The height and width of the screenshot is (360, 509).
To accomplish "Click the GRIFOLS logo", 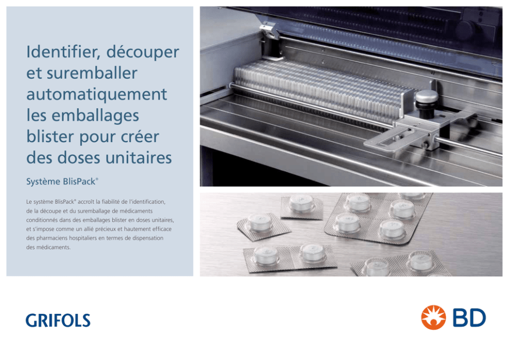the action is pos(58,321).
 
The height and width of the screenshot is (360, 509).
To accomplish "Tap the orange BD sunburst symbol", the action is pos(434,317).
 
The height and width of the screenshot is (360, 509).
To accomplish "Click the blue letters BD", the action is pos(469,318).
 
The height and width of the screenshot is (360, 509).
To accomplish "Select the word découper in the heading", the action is pos(143,52).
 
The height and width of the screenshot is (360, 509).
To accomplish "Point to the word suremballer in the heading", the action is pos(92,73).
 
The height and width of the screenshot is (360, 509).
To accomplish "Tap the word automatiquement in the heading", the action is pos(97,95).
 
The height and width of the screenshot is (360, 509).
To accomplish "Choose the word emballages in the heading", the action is pos(95,116).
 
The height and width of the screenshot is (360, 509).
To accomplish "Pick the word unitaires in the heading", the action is pos(139,158).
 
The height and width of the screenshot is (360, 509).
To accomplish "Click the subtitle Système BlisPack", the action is pos(62,182).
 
